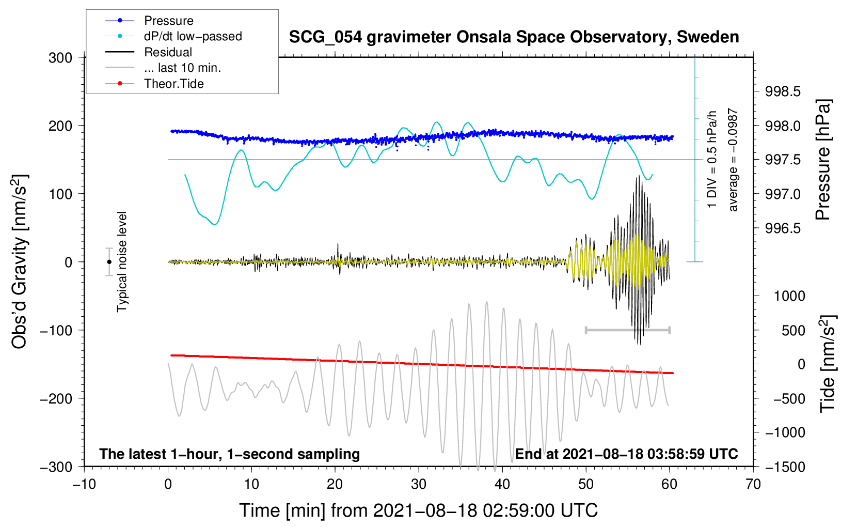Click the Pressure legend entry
coord(168,21)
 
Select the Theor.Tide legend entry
coord(173,84)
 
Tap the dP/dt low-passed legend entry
coord(193,36)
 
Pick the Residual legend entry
coord(168,52)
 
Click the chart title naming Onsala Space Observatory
coord(514,37)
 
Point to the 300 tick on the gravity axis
coord(60,57)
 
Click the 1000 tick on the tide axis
coord(789,296)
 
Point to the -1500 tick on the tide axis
coord(785,467)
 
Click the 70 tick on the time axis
coord(753,484)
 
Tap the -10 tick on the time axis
coord(84,484)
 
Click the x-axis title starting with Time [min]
coord(418,510)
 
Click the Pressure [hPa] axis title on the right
coord(824,160)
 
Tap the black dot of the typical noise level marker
coord(109,262)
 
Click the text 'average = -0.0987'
coord(733,160)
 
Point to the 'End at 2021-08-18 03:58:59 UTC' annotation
coord(626,454)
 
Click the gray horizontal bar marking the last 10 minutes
coord(627,330)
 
